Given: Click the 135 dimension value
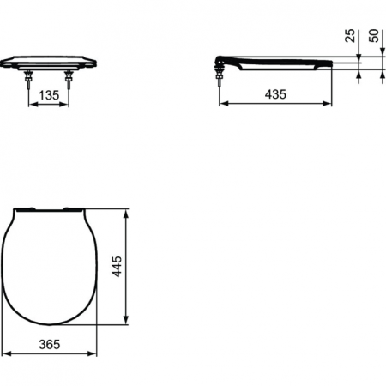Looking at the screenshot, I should click(49, 97).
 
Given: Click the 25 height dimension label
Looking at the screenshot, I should click(351, 35).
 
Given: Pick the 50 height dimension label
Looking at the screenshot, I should click(374, 35).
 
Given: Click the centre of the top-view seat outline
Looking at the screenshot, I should click(49, 266).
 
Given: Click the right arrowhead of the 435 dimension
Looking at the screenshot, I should click(329, 103).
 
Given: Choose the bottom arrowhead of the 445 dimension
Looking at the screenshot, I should click(127, 323).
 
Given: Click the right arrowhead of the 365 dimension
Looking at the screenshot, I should click(93, 353).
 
